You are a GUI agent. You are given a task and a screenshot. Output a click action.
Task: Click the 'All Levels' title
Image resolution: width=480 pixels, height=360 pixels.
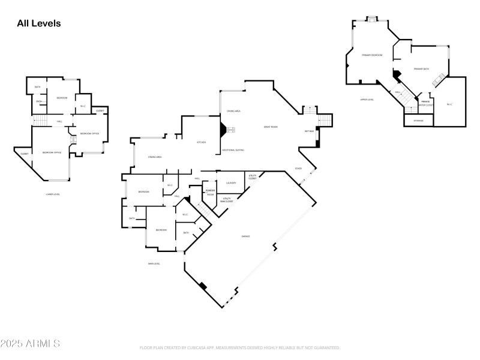[39, 23]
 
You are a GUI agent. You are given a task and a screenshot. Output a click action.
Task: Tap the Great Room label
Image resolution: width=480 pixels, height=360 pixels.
[271, 127]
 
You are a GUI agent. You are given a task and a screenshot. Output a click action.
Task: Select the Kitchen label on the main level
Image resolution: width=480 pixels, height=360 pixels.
[202, 142]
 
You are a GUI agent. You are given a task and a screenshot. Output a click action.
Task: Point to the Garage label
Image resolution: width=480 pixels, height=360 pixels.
[245, 236]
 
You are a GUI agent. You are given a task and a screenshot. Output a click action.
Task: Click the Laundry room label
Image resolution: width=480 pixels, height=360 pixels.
[231, 183]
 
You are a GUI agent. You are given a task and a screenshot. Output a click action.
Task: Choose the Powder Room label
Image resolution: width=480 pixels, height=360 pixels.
[210, 193]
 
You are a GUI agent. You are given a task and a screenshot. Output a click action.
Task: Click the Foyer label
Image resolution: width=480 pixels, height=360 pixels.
[298, 169]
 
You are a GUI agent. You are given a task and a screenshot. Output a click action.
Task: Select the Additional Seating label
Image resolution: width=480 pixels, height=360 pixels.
[233, 149]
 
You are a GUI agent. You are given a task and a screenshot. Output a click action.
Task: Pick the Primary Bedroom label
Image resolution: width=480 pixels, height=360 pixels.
[372, 55]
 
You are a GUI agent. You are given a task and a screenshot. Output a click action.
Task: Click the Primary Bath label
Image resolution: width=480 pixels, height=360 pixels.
[421, 69]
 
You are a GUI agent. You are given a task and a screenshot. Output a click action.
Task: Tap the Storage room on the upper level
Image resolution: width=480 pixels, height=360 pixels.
[418, 121]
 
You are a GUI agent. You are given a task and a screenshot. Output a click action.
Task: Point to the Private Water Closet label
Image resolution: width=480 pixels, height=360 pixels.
[425, 103]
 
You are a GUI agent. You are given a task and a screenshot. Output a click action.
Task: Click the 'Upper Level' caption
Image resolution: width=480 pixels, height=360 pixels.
[367, 100]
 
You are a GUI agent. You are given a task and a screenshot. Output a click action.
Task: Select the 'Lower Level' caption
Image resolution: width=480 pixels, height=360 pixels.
[53, 194]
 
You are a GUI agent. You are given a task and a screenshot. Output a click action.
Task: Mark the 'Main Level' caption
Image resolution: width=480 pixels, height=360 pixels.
[154, 263]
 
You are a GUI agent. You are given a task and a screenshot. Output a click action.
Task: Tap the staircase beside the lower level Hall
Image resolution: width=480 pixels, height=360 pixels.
[39, 122]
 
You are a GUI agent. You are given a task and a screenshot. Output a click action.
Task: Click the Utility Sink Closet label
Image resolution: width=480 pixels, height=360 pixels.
[227, 200]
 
